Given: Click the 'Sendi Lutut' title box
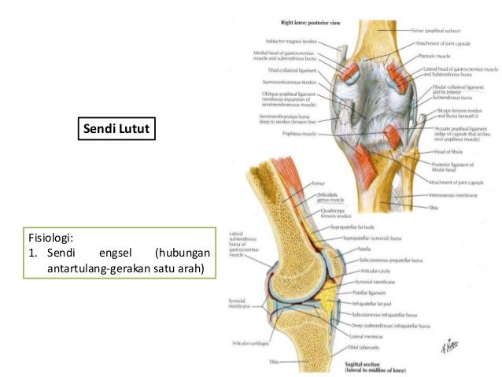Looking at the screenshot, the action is [116, 127].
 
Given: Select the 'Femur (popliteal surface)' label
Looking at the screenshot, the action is [450, 29].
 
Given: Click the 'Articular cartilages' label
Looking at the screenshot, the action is [245, 342].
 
